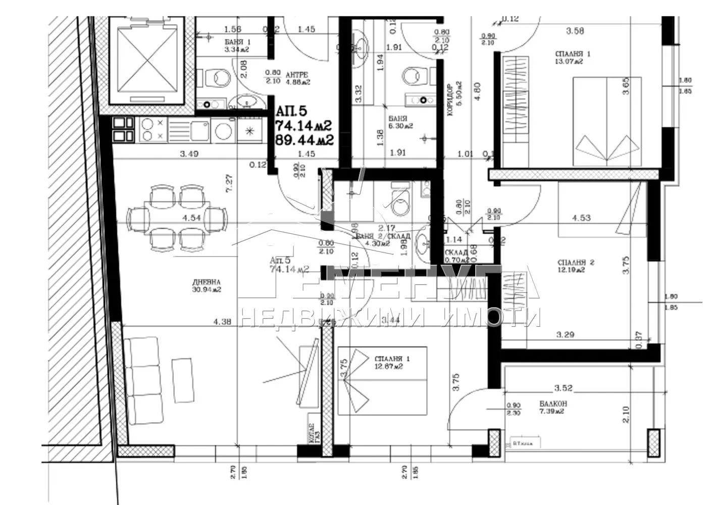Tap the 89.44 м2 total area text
click(x=304, y=139)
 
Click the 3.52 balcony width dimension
click(x=564, y=388)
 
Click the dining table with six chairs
click(x=177, y=218)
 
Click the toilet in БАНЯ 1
click(x=218, y=78)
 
